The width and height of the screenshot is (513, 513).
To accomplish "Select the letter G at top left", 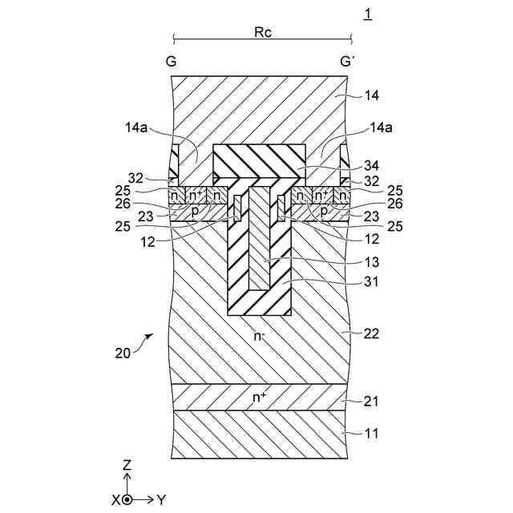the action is (172, 62).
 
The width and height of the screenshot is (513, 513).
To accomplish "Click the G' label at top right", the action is (347, 62).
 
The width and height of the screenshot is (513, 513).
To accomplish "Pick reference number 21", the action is (369, 400).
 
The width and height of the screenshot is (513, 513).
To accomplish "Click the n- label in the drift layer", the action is (261, 336).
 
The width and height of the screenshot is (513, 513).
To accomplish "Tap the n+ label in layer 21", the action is (261, 396).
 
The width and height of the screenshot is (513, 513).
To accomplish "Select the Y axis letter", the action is (162, 499).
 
